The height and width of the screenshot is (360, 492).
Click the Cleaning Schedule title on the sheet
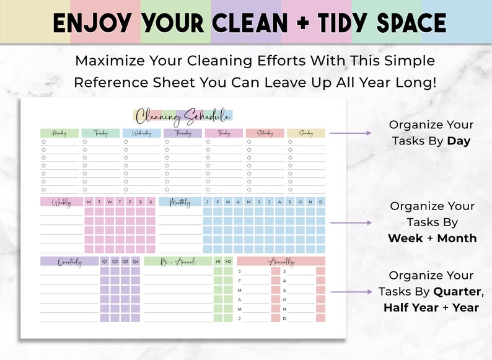click(x=183, y=116)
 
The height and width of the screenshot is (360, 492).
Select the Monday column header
click(x=59, y=133)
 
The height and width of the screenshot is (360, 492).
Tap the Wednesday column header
click(x=141, y=133)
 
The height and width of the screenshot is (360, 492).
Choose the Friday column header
click(x=223, y=133)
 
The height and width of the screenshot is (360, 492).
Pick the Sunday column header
click(x=305, y=133)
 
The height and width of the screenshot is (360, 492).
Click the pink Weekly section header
click(x=61, y=202)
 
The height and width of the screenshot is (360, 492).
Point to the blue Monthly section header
click(x=180, y=202)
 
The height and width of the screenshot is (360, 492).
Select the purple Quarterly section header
click(x=69, y=261)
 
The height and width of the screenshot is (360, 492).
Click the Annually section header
click(x=281, y=261)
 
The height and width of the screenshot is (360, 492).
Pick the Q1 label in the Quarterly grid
click(x=105, y=261)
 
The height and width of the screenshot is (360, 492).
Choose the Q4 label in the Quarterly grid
click(x=136, y=261)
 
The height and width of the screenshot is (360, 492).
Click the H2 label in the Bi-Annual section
click(x=228, y=261)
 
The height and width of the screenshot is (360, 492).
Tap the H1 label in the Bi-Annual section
click(x=217, y=261)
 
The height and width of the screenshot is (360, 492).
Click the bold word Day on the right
click(x=459, y=141)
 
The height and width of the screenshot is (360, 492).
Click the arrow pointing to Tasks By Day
click(x=350, y=133)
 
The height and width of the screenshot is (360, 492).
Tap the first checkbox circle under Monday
click(x=43, y=142)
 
